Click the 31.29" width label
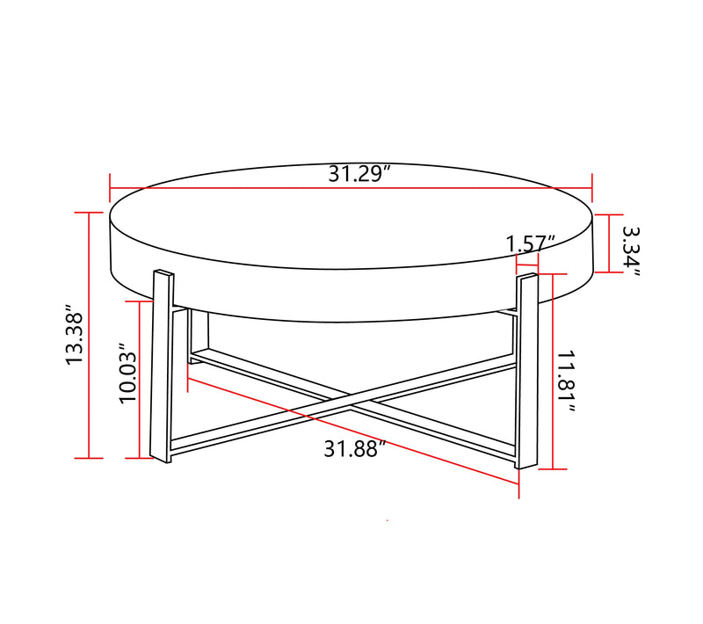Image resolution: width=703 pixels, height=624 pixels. [359, 173]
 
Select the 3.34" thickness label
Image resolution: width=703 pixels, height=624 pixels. [631, 250]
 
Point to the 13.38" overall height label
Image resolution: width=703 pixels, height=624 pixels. [73, 338]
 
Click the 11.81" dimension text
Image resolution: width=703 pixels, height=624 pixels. [566, 382]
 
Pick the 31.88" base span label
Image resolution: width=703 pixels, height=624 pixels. [355, 449]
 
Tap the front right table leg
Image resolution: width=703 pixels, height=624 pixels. [527, 371]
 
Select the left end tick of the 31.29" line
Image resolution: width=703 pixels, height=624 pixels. [110, 186]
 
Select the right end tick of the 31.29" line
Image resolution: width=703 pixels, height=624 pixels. [593, 186]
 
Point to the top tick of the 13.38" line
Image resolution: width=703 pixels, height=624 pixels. [89, 213]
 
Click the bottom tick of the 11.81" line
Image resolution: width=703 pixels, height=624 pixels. [552, 468]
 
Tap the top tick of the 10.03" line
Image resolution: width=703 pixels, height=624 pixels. [140, 301]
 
